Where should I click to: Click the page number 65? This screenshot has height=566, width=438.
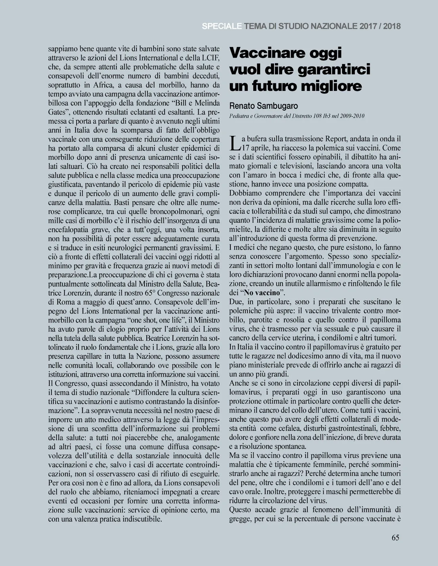395,538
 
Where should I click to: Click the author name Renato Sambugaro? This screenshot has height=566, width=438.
264,106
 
